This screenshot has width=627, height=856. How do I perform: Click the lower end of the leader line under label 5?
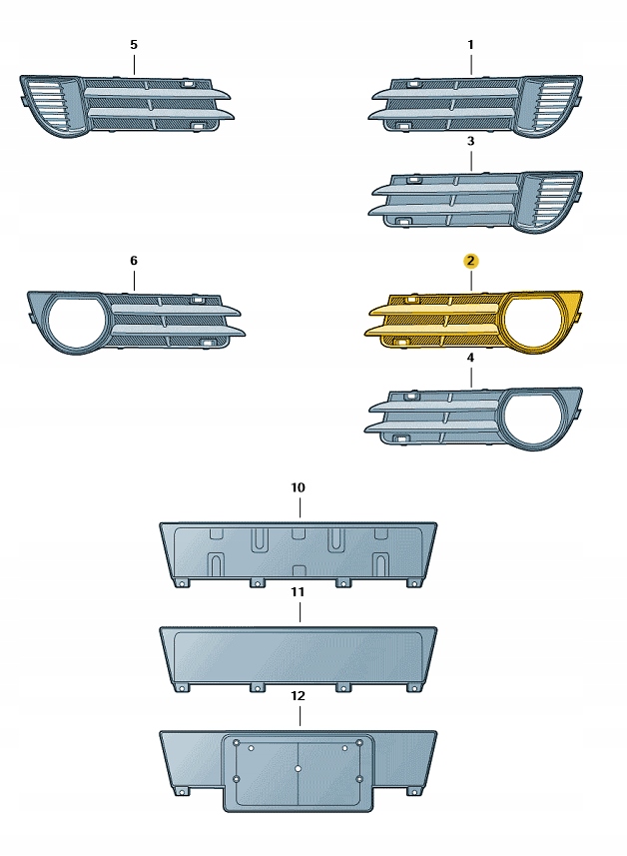pos(134,74)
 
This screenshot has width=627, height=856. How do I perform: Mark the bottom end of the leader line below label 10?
pos(300,517)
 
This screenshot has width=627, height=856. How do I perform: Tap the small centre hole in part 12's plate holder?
pos(298,769)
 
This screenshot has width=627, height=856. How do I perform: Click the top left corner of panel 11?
pos(160,627)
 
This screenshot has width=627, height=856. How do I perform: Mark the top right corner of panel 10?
pos(436,523)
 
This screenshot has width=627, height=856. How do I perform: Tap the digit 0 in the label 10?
pos(302,487)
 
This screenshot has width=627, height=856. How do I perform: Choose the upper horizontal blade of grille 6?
pos(175,312)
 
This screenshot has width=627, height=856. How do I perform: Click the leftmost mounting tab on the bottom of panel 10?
pos(181,582)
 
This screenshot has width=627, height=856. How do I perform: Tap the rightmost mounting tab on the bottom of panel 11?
pos(414,687)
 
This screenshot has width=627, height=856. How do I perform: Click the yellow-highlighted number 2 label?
pos(471,261)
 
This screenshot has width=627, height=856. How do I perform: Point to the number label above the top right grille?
pos(471,45)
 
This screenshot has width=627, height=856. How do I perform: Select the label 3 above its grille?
pos(471,142)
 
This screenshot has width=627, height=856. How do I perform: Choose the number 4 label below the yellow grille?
pos(471,358)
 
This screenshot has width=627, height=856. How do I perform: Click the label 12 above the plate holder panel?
pos(298,696)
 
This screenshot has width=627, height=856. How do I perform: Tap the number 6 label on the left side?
pos(134,261)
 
